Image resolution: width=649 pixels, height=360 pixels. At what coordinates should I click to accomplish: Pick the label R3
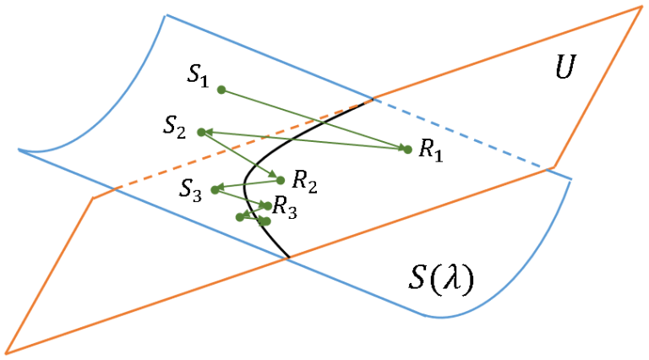pos(285,209)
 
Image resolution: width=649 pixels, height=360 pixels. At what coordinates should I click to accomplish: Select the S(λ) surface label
pos(437,277)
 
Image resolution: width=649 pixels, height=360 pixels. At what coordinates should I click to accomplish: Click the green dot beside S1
pos(221,90)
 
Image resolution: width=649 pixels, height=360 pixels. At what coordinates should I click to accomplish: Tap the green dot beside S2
pos(201,132)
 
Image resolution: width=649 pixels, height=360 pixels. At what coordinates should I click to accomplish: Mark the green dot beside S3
pos(215,189)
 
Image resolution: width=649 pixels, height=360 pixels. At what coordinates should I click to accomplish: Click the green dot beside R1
pos(407,150)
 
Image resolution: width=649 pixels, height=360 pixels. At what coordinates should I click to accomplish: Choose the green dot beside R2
pos(281,179)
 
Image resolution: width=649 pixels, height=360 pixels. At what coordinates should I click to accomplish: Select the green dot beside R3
pos(268,205)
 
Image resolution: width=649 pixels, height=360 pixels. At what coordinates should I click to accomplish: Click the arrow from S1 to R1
pos(313,119)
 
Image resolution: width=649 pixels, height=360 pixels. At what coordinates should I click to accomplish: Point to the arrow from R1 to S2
pos(304,140)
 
